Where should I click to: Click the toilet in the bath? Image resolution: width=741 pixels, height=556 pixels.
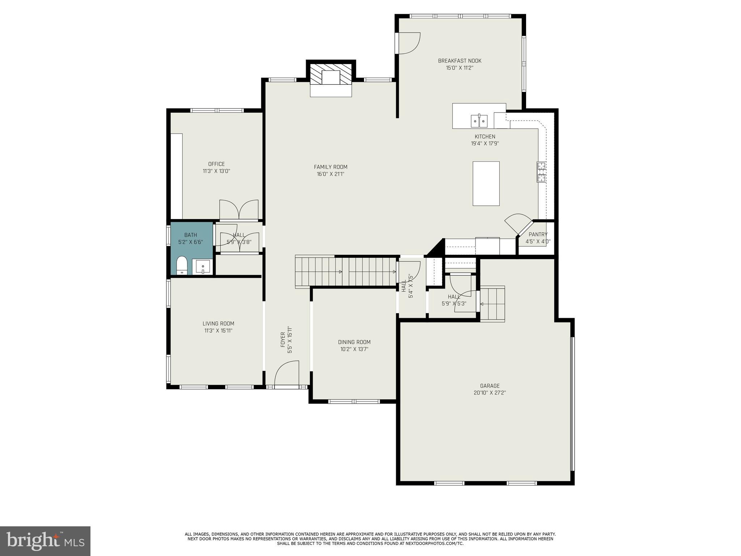coord(182,266)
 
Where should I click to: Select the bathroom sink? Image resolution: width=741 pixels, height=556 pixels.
coord(203,267)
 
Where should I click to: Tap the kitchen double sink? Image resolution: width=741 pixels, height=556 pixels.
coord(479,121)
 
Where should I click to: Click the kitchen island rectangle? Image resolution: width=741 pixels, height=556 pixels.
coord(486,184)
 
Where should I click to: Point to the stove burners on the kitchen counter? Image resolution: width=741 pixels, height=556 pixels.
coord(541,172)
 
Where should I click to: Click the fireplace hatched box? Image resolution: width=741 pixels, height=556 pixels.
coord(331,77)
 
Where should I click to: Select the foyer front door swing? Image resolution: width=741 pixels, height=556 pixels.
coord(287,374)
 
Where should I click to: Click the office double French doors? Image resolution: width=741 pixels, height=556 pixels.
coord(239,210)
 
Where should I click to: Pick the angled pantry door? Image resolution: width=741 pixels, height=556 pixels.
coord(518,224)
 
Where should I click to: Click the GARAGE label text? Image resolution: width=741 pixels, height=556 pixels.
coord(490,386)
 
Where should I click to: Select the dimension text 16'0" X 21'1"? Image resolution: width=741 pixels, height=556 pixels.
coord(331,174)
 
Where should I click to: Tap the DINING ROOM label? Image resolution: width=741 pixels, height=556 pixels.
coord(354,342)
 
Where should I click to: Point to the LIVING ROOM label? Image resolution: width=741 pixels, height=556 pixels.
coord(218,324)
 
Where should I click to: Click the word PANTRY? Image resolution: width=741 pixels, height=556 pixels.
coord(538,234)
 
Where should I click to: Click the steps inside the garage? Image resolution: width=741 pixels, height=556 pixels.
coord(492,303)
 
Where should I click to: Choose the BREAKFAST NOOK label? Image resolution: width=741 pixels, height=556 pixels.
coord(460,61)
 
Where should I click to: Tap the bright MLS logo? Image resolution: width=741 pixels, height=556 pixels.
coord(45,541)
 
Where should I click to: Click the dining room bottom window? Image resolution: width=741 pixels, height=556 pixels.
coord(354,401)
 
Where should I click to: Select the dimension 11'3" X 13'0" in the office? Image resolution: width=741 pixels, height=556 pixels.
coord(216,171)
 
